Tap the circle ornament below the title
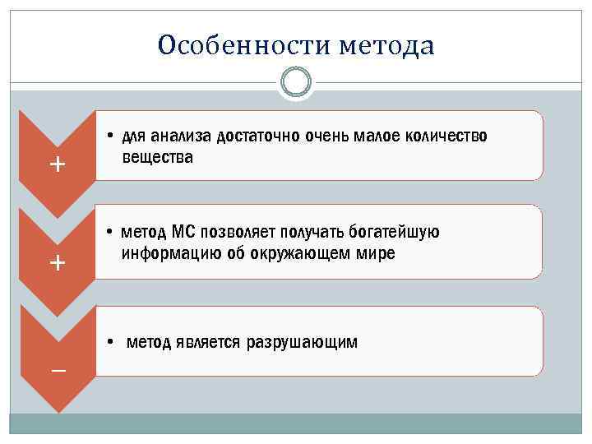coord(296,82)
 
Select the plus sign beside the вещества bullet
coord(57,164)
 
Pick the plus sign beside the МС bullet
coord(57,263)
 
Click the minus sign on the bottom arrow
coord(58,371)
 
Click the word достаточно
coord(260,136)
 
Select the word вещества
coord(157,157)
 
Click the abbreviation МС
coord(185,232)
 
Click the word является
coord(207,342)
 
